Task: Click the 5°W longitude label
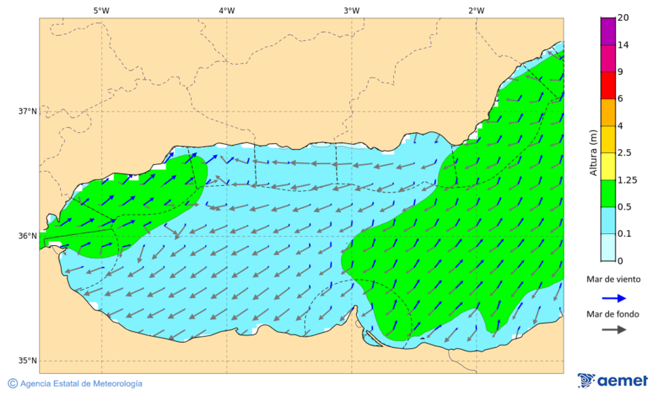pyautogui.click(x=101, y=10)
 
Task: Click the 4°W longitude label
pyautogui.click(x=227, y=10)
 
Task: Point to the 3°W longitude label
pyautogui.click(x=352, y=10)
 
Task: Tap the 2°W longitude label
pyautogui.click(x=476, y=10)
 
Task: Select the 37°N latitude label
pyautogui.click(x=28, y=111)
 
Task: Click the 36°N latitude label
pyautogui.click(x=28, y=236)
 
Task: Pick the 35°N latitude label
pyautogui.click(x=28, y=361)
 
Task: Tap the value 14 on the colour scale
pyautogui.click(x=624, y=45)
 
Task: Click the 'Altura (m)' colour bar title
pyautogui.click(x=593, y=152)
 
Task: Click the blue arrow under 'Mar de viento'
pyautogui.click(x=613, y=298)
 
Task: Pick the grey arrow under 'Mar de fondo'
pyautogui.click(x=613, y=331)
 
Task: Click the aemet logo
pyautogui.click(x=613, y=380)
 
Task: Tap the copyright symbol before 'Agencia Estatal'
pyautogui.click(x=13, y=383)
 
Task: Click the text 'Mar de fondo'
pyautogui.click(x=613, y=314)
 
